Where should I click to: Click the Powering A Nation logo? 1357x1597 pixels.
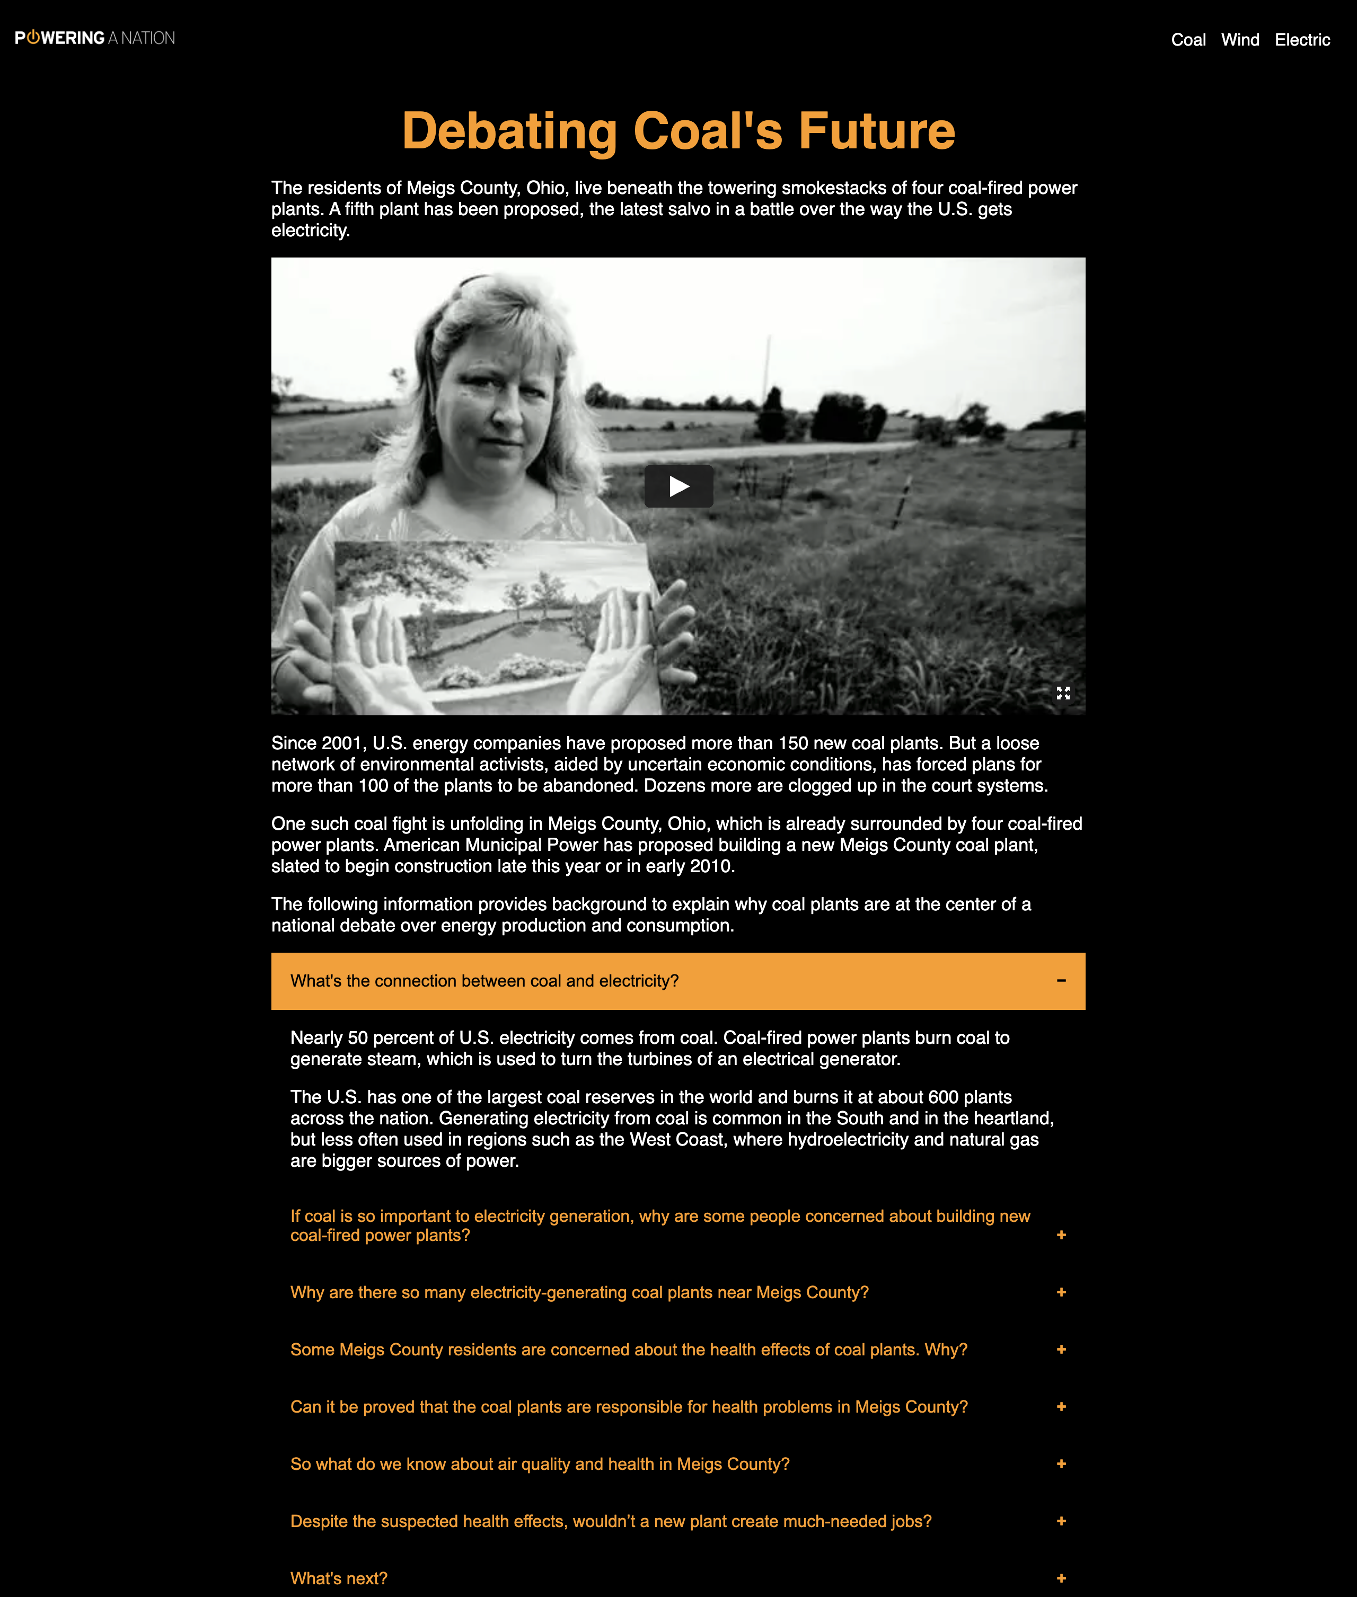[95, 38]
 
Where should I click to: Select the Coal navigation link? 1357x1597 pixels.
[1188, 40]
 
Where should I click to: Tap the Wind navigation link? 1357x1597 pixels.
[1240, 40]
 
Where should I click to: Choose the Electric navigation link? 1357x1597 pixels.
[1302, 40]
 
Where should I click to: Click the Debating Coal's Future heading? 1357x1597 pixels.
[678, 131]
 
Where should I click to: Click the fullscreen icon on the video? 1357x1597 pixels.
[1062, 693]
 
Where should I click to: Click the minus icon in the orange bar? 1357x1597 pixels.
[1061, 980]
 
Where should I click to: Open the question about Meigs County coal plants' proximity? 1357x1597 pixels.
[579, 1292]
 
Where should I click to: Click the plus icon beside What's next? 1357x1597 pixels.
[1061, 1578]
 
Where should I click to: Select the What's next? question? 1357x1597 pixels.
[339, 1578]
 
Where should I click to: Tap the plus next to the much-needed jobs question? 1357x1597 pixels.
[1061, 1521]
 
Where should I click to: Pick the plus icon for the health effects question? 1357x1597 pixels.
[1061, 1350]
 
